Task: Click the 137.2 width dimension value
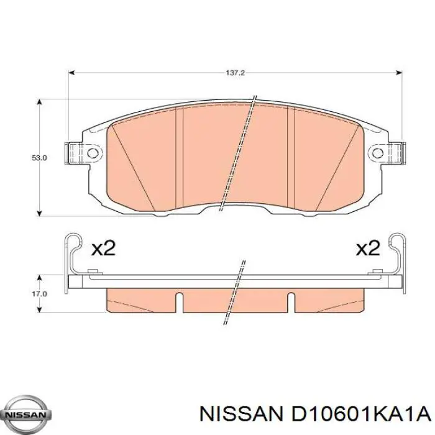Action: click(x=236, y=73)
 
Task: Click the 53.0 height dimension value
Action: click(x=39, y=158)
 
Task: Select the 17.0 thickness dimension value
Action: click(x=39, y=293)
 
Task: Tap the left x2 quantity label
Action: click(x=103, y=249)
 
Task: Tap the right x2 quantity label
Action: click(x=367, y=249)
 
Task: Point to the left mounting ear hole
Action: click(x=93, y=152)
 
